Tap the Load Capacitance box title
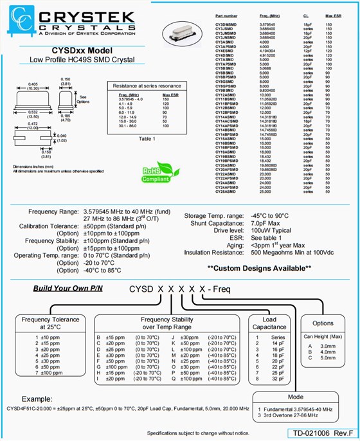tap(270, 323)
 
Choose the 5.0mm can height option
tap(322, 357)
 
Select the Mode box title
tap(296, 397)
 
